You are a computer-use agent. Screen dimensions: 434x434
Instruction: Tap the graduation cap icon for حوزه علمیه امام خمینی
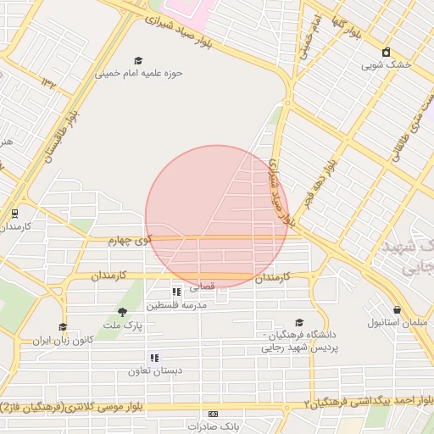(x=138, y=60)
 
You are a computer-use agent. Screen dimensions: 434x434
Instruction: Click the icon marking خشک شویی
(x=387, y=52)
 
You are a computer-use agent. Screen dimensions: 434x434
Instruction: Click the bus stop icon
(x=14, y=214)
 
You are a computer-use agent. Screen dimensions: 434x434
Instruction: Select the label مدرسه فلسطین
(x=176, y=304)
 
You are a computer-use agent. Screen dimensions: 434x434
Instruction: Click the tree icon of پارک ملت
(x=122, y=312)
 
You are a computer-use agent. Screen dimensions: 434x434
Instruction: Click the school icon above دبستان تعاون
(x=154, y=359)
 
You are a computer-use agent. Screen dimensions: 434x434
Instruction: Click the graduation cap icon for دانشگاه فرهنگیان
(x=298, y=322)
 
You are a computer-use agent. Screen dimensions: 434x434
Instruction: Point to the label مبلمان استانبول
(x=398, y=323)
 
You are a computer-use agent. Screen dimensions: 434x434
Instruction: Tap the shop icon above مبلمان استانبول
(x=397, y=309)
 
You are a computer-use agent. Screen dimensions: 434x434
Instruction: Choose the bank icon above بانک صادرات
(x=212, y=413)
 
